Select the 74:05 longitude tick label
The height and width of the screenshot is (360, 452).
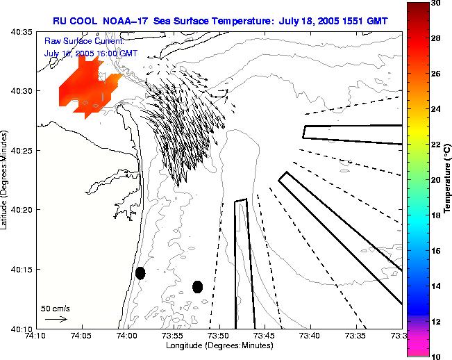point(81,336)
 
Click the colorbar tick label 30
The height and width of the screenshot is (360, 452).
point(436,3)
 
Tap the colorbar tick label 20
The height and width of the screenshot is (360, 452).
point(436,180)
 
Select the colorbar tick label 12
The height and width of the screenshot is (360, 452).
point(436,321)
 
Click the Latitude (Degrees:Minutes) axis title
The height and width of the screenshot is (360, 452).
point(6,180)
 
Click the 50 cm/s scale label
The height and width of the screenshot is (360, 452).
point(56,308)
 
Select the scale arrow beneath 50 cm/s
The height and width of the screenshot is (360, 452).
point(56,320)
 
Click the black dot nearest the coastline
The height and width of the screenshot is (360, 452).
point(140,272)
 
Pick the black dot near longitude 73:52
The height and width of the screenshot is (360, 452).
point(197,286)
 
